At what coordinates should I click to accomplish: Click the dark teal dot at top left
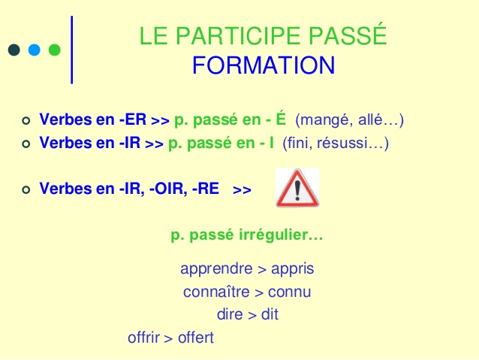(14, 50)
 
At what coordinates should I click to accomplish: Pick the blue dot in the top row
(34, 50)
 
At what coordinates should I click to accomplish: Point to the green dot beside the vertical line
(54, 50)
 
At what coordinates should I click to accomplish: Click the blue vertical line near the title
(72, 49)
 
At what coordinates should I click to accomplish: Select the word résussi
(354, 142)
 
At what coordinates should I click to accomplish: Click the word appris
(293, 269)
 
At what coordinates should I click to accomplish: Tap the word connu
(291, 292)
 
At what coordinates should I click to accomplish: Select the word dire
(229, 315)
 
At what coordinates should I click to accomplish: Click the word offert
(196, 337)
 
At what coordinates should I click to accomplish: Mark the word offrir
(144, 337)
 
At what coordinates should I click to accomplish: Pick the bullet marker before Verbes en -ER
(26, 120)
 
